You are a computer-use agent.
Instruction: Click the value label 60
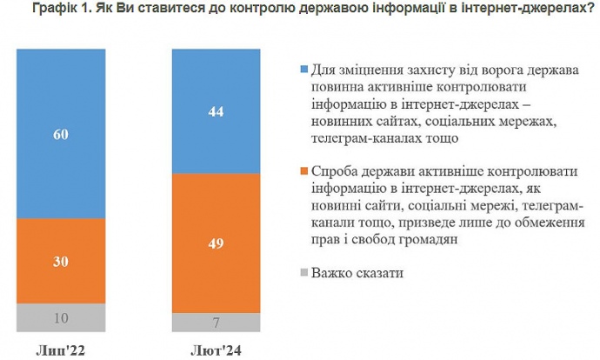coord(61,135)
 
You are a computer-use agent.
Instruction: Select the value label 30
coord(61,261)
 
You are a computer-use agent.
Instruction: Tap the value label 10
coord(61,318)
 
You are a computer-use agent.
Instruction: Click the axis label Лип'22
coord(61,350)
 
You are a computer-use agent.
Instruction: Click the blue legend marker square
coord(303,70)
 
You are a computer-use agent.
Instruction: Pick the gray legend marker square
coord(303,273)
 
